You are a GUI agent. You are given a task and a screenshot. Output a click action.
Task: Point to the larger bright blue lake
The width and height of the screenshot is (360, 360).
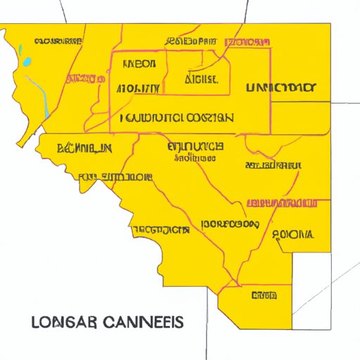coord(27,62)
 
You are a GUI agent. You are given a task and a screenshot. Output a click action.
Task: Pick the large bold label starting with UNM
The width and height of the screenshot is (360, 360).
coord(281,88)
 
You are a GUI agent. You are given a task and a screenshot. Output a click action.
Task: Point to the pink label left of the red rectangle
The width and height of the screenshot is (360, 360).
coord(82,77)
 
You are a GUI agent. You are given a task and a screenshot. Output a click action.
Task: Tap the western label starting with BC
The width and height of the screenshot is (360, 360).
coord(84,148)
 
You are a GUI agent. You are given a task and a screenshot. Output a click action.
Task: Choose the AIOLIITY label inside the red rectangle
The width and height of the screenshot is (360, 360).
coord(137,89)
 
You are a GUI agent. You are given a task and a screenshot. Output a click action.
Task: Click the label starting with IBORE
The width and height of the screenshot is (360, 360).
coord(230,225)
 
